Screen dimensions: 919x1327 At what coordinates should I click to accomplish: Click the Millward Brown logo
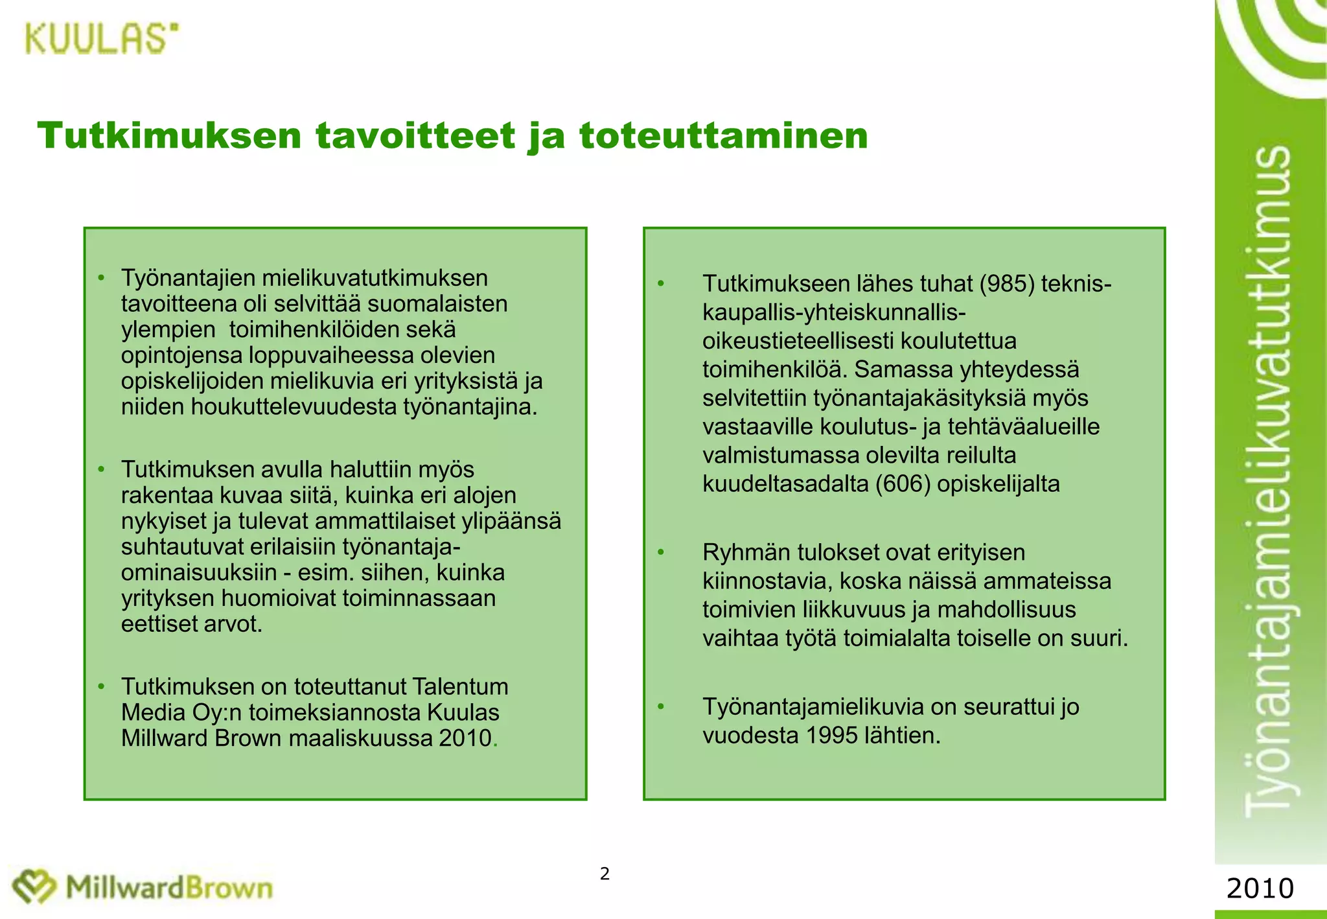point(143,887)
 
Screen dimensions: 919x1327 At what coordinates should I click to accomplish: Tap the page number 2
point(605,874)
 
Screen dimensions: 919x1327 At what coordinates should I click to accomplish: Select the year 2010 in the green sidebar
point(1260,888)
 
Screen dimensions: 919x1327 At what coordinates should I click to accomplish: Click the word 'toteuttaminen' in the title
point(724,136)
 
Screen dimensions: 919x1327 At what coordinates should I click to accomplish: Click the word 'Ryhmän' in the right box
point(746,553)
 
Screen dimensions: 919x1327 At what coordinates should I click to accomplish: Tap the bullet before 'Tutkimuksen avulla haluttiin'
point(101,469)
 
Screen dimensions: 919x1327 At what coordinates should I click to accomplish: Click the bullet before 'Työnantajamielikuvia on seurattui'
point(661,706)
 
